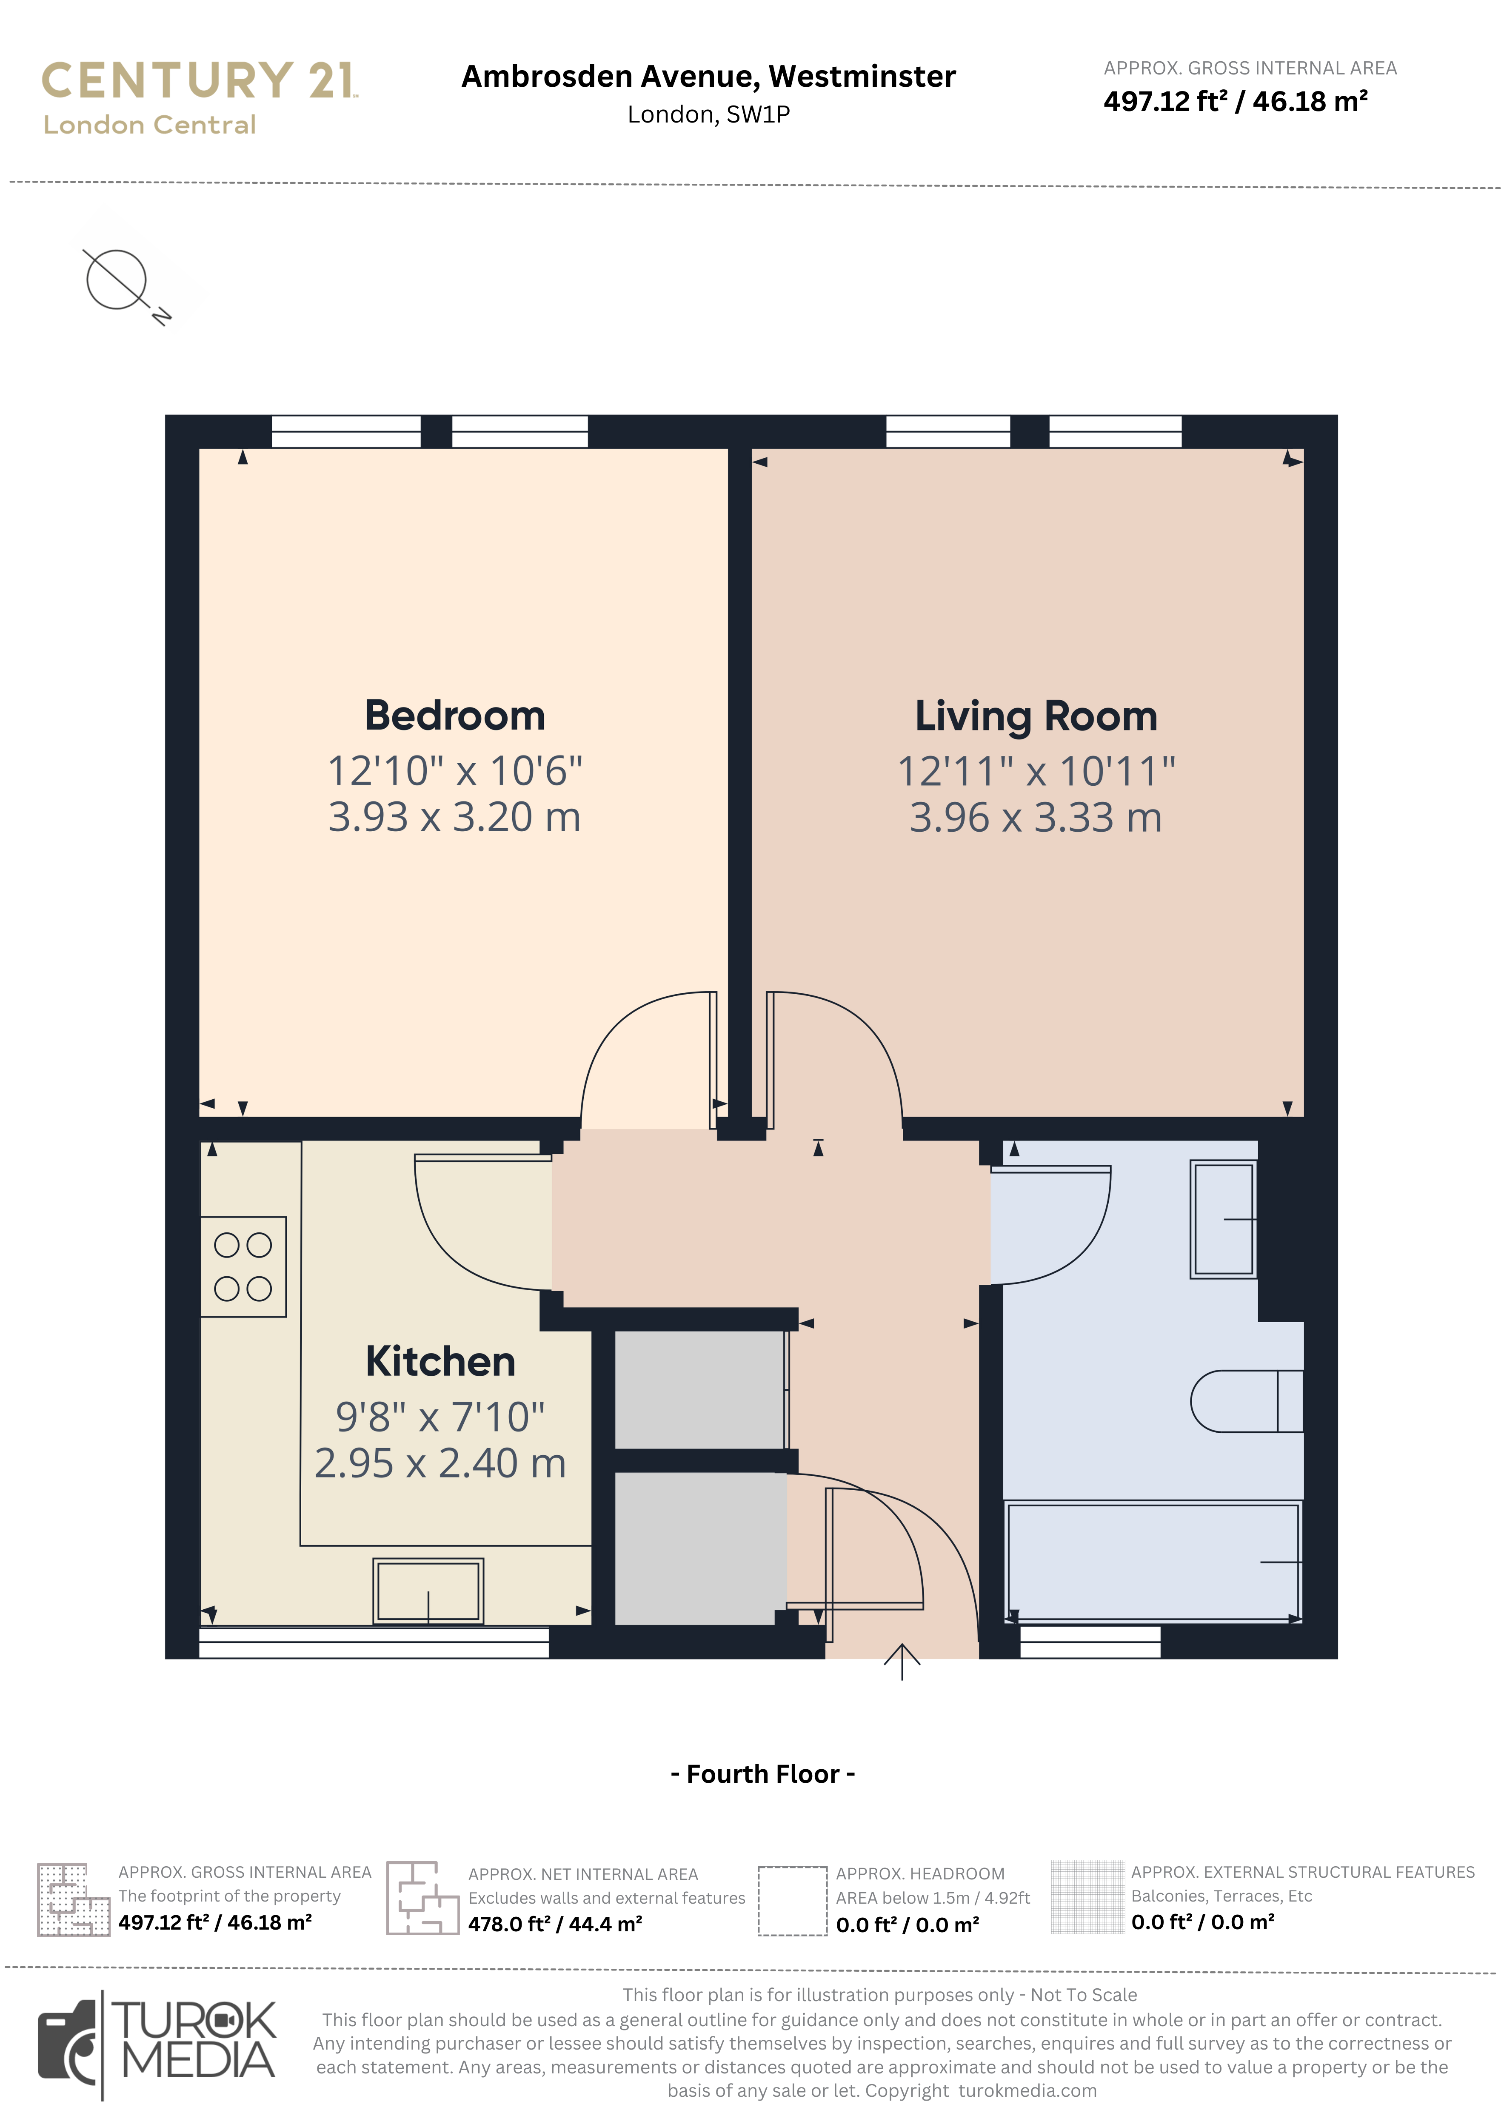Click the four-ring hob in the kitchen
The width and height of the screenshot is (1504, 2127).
pos(243,1266)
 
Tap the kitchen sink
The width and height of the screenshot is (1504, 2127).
pos(428,1591)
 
